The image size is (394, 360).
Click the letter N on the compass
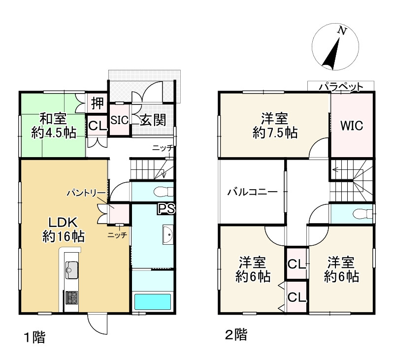tap(342, 31)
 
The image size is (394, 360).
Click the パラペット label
tap(341, 87)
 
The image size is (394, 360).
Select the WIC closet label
tap(352, 126)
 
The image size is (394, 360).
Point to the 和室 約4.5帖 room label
tap(54, 126)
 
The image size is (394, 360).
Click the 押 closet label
tap(97, 103)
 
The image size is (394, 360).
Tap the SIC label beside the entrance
tap(120, 120)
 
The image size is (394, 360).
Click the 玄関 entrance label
tap(153, 120)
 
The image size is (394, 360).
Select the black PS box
tap(166, 208)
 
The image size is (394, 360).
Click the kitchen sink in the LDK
tap(71, 270)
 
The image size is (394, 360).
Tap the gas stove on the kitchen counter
tap(71, 297)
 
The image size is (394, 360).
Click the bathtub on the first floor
tap(153, 301)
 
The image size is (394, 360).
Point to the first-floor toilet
tap(164, 192)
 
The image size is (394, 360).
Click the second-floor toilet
tap(363, 214)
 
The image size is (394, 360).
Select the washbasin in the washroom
tap(168, 234)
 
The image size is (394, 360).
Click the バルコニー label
tap(252, 192)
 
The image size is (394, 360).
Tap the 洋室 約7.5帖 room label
tap(275, 126)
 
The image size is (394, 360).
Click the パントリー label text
tap(86, 193)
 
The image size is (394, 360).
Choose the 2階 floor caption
tap(236, 334)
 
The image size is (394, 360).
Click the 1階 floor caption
tap(34, 337)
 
